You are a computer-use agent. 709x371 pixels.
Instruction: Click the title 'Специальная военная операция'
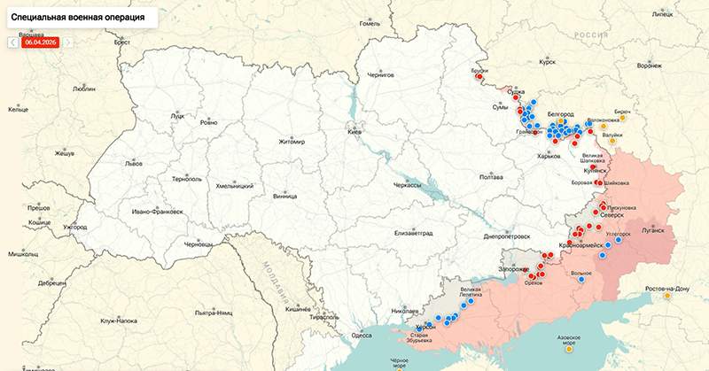79,17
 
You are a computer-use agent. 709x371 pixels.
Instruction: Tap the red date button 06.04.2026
41,42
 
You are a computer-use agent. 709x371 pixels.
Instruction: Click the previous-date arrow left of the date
12,42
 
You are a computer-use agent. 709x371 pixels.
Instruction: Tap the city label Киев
354,132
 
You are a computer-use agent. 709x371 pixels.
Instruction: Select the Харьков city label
549,156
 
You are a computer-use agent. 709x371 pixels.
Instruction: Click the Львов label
134,164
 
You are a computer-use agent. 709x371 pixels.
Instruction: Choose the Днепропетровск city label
508,236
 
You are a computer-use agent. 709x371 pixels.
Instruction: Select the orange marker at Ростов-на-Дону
666,296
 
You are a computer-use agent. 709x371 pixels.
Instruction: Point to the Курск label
547,63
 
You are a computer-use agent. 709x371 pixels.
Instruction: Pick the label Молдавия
270,279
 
